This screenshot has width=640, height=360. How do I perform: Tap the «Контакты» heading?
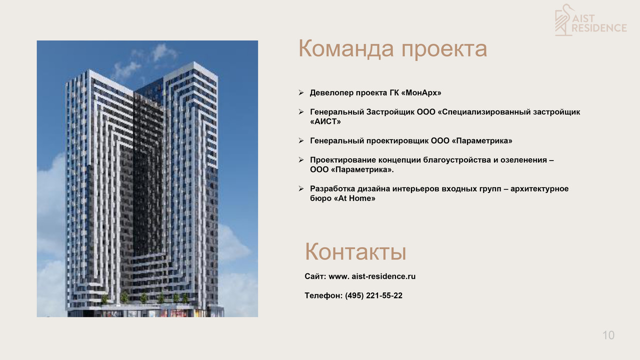355,252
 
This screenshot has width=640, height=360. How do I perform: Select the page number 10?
608,335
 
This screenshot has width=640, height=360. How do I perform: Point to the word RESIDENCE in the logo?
599,28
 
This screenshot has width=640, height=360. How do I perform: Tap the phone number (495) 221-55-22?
373,295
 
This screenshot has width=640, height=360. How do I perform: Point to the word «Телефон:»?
323,295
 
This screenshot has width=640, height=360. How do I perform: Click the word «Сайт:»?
315,276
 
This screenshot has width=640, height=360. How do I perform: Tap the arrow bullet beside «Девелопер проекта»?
301,92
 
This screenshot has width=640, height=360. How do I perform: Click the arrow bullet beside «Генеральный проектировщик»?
301,140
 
